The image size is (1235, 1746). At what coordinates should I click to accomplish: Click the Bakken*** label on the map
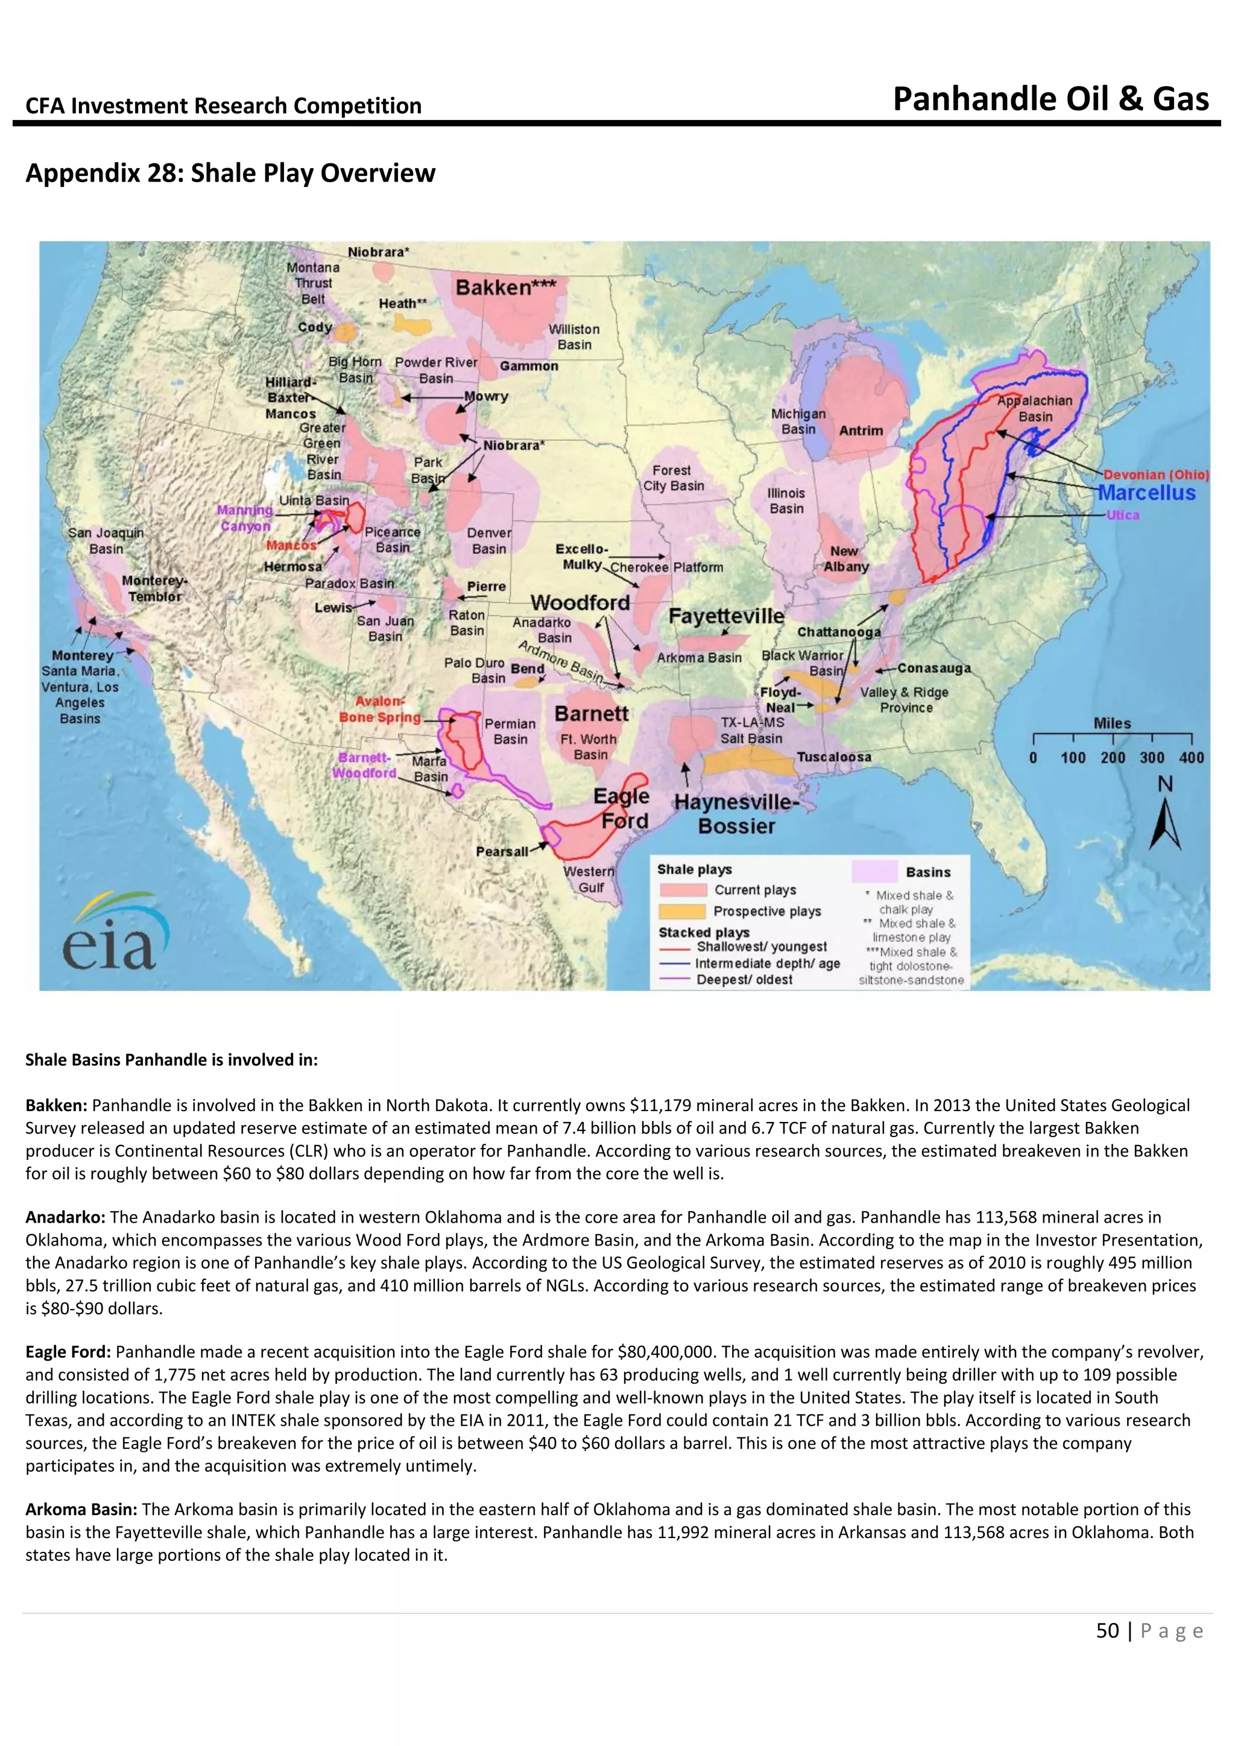505,288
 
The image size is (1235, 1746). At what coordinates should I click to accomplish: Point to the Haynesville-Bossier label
736,815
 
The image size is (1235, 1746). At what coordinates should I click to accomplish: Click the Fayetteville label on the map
725,616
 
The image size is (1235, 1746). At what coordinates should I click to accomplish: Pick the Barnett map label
591,713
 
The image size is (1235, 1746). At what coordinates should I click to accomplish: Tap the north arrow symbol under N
1164,826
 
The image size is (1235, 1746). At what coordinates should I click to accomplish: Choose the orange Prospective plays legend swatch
683,911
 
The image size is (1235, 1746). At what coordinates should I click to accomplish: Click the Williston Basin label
574,337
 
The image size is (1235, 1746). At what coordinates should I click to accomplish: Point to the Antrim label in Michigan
861,430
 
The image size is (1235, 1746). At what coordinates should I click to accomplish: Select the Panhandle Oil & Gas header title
1050,99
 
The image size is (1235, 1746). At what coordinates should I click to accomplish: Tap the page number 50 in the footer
1107,1630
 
